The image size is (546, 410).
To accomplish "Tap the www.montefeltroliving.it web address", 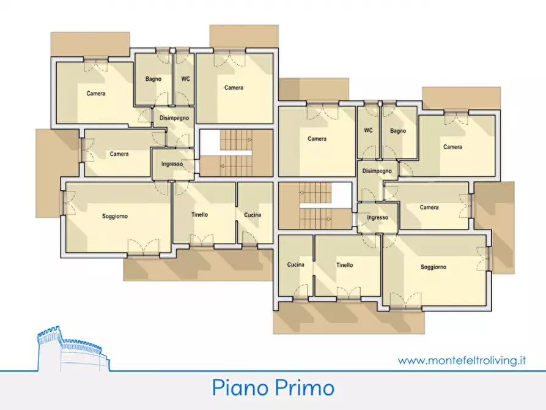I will coord(462,361).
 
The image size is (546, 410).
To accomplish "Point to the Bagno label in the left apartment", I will coord(153,79).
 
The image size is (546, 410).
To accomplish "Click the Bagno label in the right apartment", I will coord(397,131).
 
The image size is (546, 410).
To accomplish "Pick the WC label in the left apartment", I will coord(185,79).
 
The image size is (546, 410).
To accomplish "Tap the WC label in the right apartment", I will coord(368,130).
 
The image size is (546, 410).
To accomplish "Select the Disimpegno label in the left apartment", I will coord(174,118).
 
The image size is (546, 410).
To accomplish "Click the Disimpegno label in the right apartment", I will coord(377,171).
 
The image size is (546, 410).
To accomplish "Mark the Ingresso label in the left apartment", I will coord(172,164).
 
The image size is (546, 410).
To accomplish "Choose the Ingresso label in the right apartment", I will coord(377,218).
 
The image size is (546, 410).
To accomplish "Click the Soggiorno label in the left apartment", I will coord(115,217).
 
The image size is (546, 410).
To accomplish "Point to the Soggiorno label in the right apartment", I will coord(433,267).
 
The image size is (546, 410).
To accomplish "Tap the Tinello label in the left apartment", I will coord(199,215).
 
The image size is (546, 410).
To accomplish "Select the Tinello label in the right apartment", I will coord(344,266).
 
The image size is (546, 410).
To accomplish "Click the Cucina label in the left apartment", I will coord(253,215).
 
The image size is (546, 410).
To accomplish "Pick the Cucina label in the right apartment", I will coord(295,265).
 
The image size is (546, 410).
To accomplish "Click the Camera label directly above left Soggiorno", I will coord(119,154).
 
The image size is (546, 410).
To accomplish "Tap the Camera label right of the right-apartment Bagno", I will coord(452,147).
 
